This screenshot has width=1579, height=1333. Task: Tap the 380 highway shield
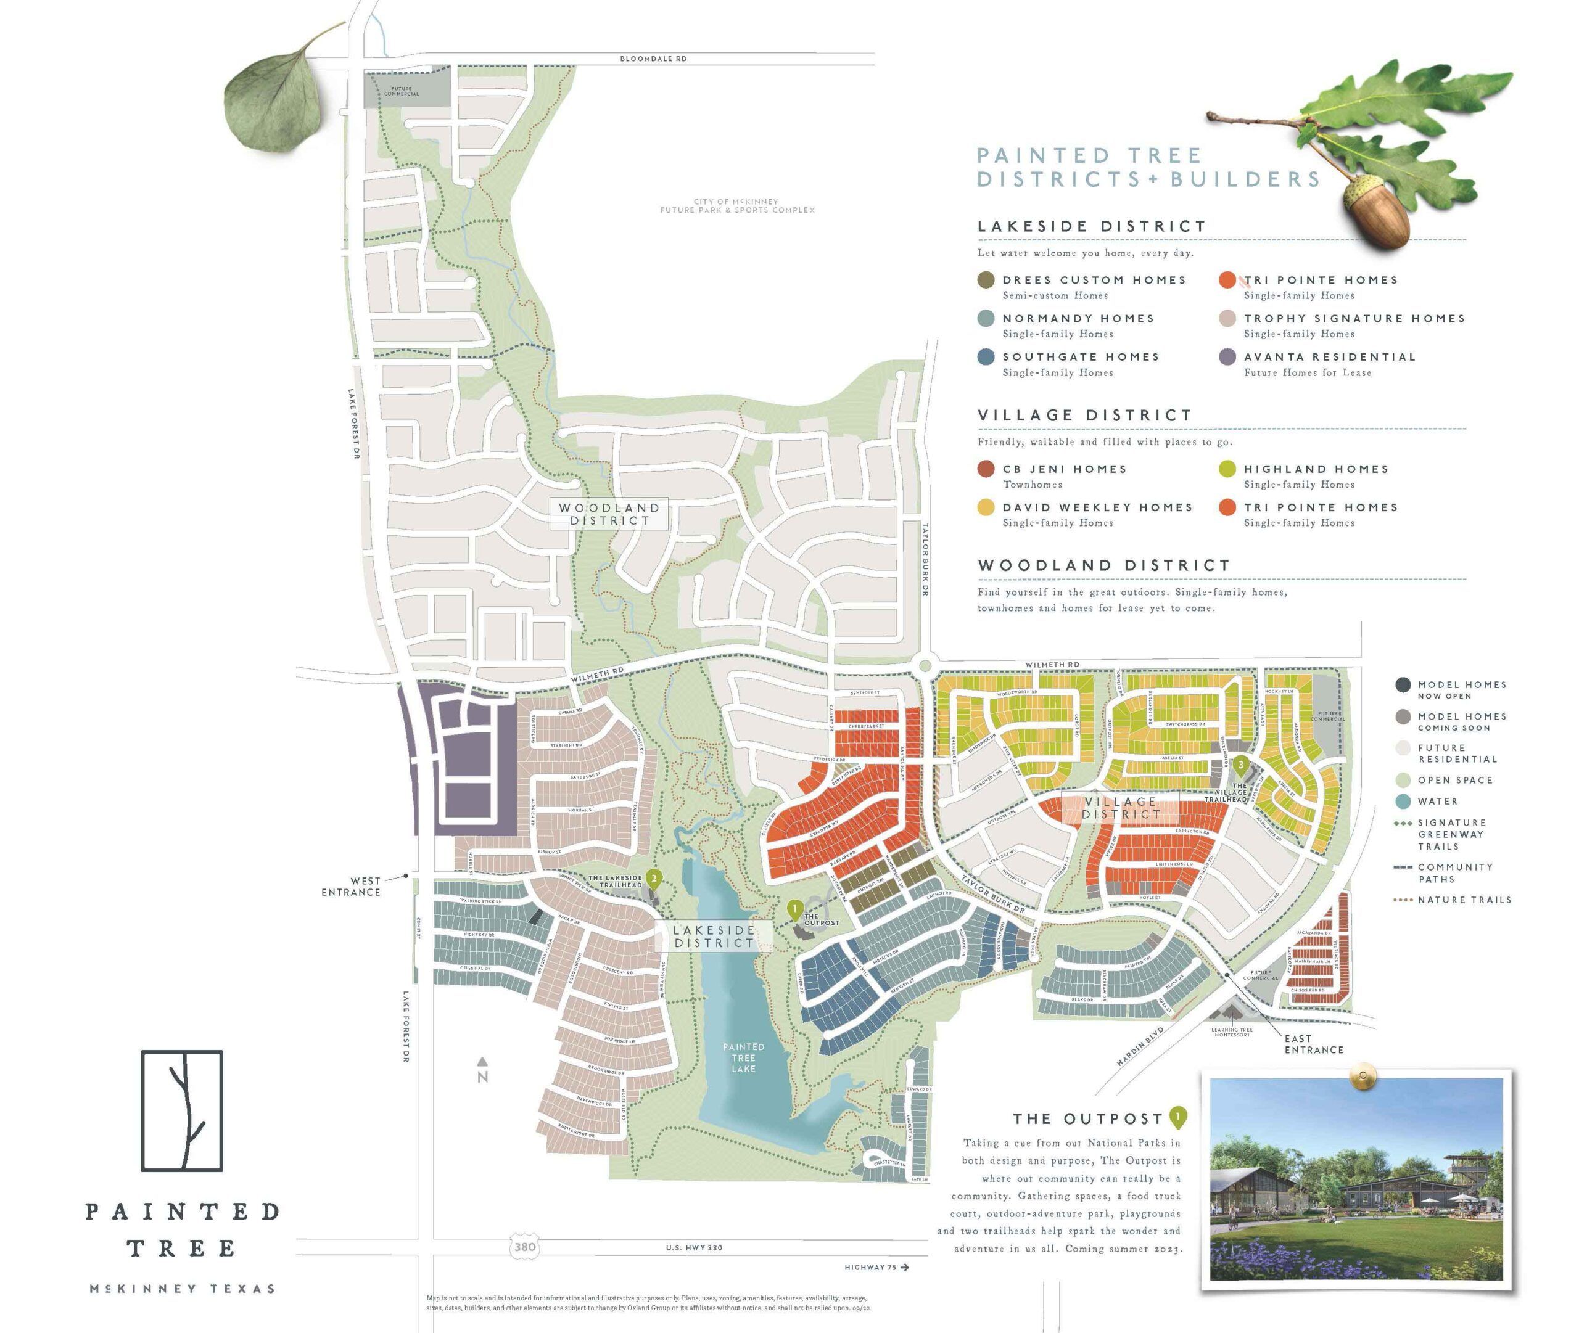point(524,1247)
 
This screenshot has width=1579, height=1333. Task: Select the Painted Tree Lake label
point(743,1057)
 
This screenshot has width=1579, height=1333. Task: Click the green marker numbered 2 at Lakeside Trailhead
point(654,879)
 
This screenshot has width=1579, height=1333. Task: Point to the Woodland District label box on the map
point(609,514)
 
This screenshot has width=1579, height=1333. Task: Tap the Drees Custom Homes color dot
point(986,281)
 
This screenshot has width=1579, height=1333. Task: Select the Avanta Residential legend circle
point(1227,358)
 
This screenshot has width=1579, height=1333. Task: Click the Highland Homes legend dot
point(1227,469)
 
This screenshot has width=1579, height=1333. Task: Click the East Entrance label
point(1314,1044)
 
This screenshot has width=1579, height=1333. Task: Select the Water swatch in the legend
point(1403,801)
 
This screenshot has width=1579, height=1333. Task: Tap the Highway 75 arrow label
point(876,1267)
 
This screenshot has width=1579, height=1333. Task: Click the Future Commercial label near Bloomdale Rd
point(402,91)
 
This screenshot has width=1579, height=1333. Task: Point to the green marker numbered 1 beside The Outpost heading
point(1177,1116)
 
